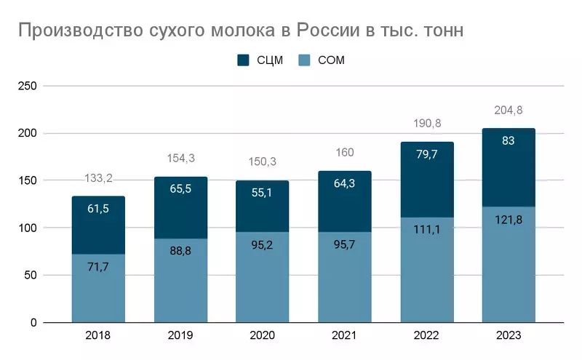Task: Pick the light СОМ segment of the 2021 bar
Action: (344, 276)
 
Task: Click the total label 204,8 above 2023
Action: (508, 111)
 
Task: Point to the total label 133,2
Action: (98, 178)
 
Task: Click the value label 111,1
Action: (426, 229)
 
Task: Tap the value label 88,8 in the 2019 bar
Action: (180, 251)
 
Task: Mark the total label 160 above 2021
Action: (344, 153)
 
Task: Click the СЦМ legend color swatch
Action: (244, 60)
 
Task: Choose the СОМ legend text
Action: (331, 60)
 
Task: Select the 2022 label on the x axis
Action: (426, 335)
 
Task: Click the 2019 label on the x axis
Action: (180, 335)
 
